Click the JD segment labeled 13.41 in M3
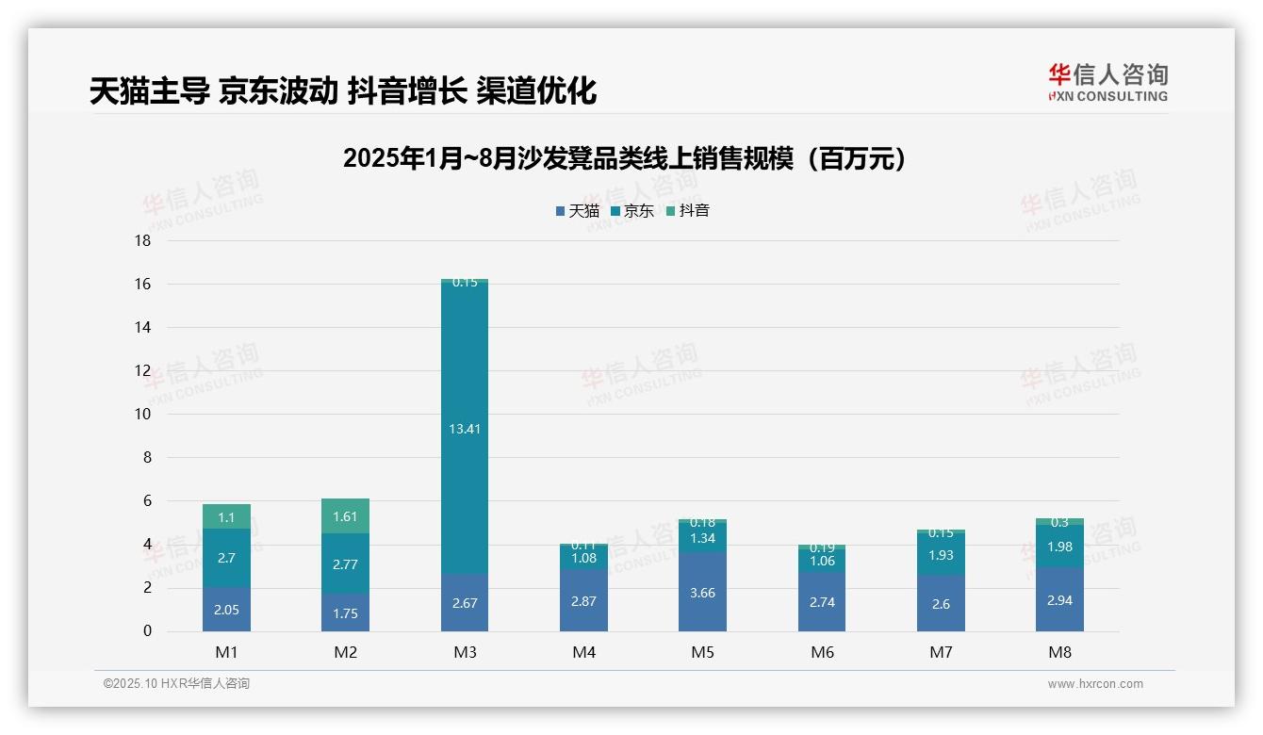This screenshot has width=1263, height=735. [465, 428]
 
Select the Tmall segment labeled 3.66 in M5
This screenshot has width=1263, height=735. [702, 591]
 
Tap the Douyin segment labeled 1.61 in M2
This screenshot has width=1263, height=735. [346, 516]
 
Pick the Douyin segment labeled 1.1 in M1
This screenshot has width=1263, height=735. [226, 517]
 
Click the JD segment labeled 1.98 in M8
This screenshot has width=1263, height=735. [1059, 547]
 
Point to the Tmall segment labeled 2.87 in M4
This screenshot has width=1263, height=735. [583, 600]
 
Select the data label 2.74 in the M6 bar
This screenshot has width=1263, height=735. [822, 602]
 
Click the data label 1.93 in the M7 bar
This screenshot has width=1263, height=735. [941, 555]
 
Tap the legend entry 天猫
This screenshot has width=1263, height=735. [578, 211]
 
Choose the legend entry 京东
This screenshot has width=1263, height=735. [632, 211]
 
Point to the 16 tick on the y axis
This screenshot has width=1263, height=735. [142, 284]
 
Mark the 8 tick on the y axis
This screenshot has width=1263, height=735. [146, 458]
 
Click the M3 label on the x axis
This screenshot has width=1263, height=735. [465, 652]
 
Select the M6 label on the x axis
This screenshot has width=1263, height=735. [822, 652]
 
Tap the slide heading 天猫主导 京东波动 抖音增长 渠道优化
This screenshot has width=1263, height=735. [343, 91]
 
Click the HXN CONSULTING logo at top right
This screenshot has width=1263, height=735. [1107, 83]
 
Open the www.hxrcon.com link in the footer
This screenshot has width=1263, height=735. [1094, 684]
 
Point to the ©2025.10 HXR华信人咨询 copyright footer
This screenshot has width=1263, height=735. [176, 684]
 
